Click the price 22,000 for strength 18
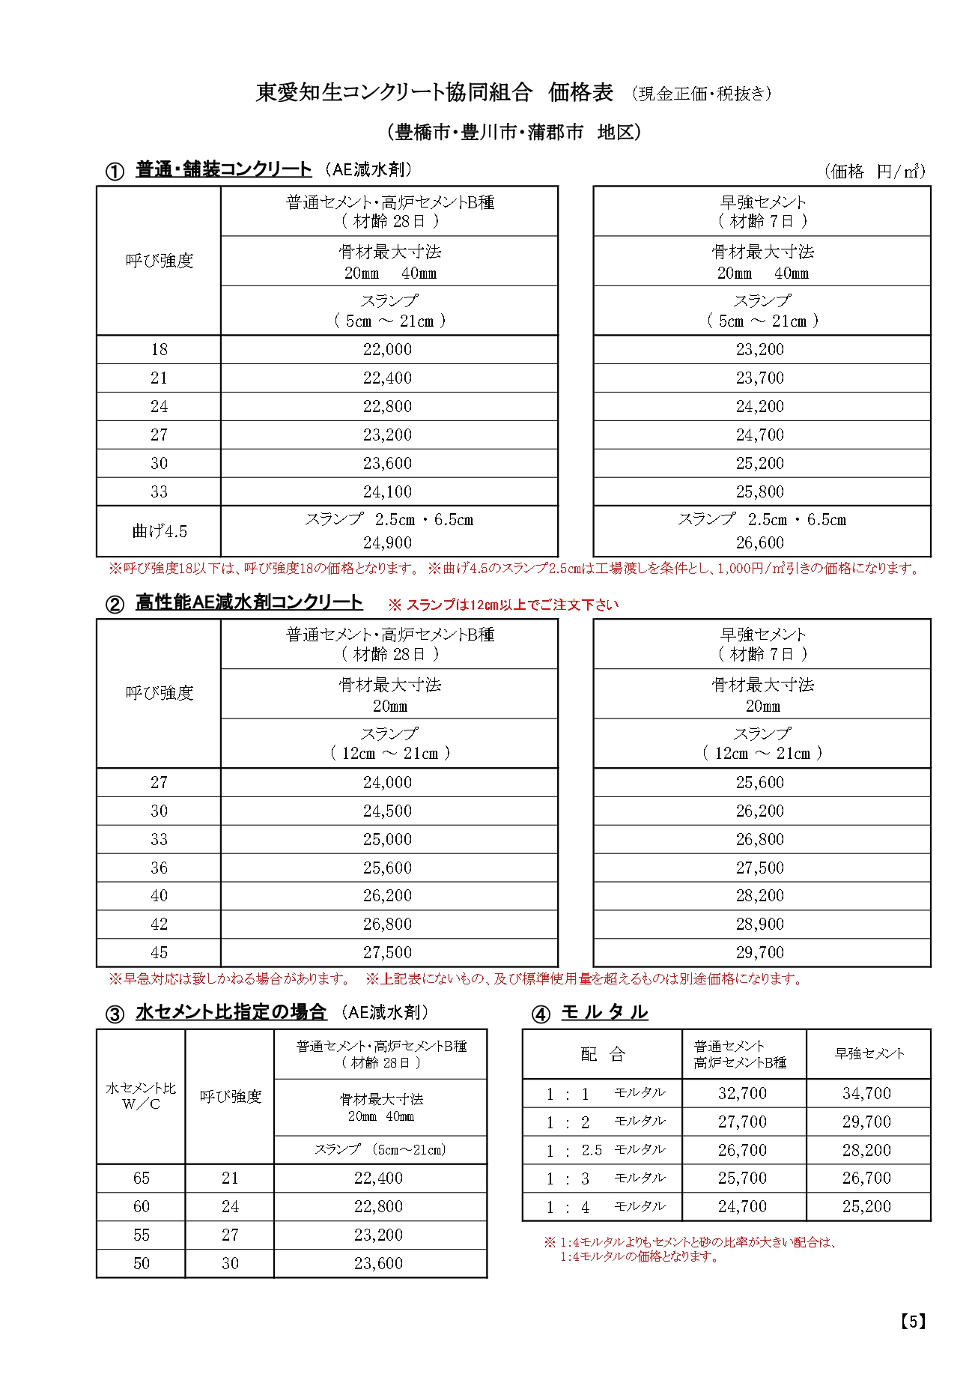387,349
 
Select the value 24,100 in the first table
387,491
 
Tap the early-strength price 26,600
760,542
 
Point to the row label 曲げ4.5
160,531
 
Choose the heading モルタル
604,1012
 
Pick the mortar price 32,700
742,1093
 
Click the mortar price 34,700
866,1093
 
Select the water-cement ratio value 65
142,1178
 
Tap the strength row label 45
160,952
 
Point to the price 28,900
760,924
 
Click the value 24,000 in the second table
387,782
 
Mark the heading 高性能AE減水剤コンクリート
249,602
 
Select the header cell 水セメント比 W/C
142,1095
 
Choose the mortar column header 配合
603,1054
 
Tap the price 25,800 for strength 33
760,491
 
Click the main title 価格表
581,92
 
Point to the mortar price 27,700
742,1122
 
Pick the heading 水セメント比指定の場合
231,1012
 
